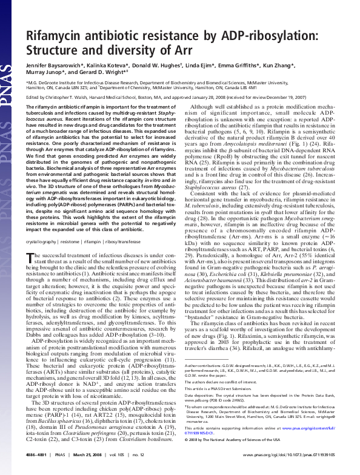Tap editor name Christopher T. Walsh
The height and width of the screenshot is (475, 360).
pyautogui.click(x=70, y=95)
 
